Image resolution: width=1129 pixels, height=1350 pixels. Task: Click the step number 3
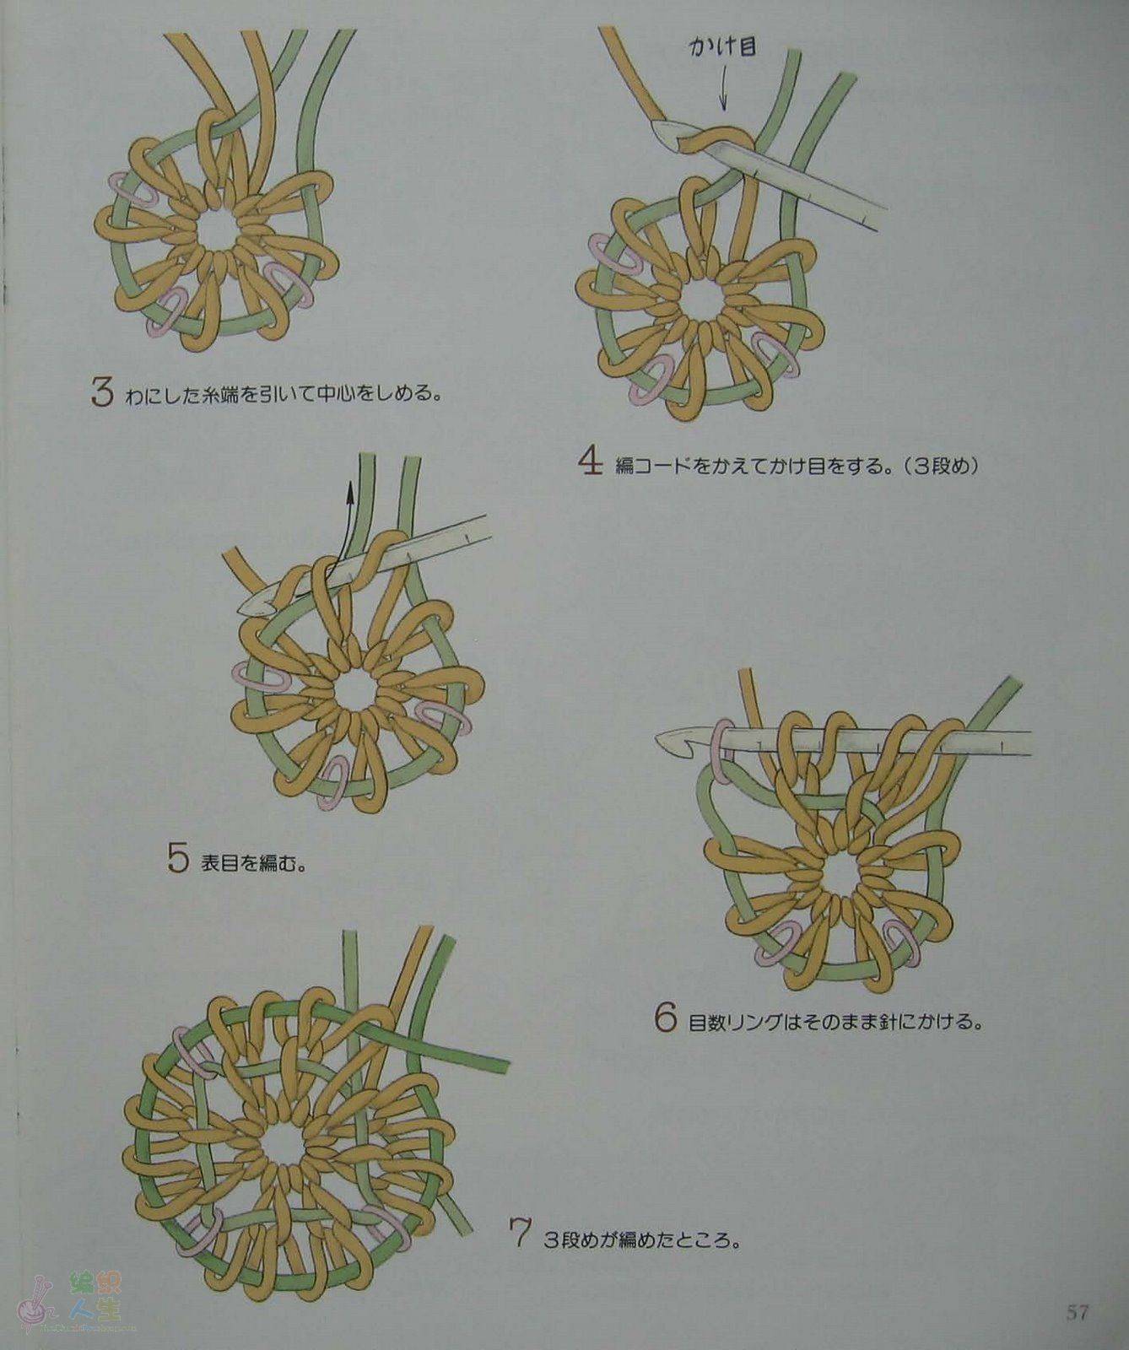(x=102, y=391)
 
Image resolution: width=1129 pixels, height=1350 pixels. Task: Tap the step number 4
(x=591, y=462)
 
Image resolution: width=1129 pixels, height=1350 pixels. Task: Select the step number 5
(x=177, y=858)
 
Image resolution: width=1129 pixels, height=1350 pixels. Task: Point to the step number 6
(x=666, y=1018)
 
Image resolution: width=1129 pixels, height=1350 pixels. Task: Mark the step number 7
(x=519, y=1234)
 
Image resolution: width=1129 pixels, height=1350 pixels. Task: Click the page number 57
(x=1077, y=1313)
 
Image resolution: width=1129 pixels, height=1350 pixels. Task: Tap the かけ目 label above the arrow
(x=723, y=47)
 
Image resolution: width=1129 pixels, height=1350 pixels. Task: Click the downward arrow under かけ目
(x=722, y=89)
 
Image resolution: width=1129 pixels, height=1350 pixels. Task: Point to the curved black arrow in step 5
(x=341, y=527)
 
